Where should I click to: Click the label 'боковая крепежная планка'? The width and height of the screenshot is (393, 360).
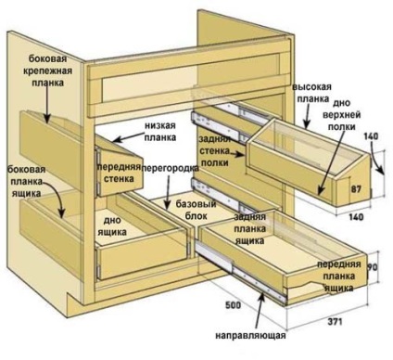[47, 71]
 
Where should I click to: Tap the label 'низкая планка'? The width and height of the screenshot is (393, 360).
[160, 132]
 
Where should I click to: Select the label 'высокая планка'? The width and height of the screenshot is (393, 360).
[312, 93]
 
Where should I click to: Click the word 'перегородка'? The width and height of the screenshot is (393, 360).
[171, 168]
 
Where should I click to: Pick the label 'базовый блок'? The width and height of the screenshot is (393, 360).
[196, 210]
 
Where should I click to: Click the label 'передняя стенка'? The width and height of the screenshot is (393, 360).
[120, 173]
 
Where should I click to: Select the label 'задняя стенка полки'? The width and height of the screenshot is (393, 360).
[214, 151]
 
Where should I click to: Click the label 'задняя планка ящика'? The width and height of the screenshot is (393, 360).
[249, 228]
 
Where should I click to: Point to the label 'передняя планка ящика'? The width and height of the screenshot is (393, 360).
[339, 276]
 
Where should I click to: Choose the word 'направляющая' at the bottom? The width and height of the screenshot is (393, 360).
[250, 335]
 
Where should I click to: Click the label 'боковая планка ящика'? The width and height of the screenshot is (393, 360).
[27, 181]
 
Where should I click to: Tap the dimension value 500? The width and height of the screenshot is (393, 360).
[233, 305]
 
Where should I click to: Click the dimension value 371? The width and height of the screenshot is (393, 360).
[335, 322]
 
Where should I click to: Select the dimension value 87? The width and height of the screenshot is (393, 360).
[356, 189]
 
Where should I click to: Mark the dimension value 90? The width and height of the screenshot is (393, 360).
[372, 267]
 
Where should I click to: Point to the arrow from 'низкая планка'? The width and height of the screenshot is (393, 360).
[128, 137]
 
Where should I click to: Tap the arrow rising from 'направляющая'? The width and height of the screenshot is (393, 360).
[260, 310]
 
